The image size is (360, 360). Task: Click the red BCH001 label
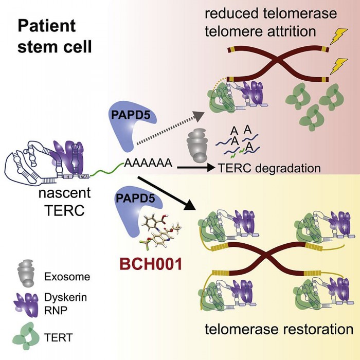coord(150,265)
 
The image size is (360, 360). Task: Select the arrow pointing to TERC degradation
coord(195,167)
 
